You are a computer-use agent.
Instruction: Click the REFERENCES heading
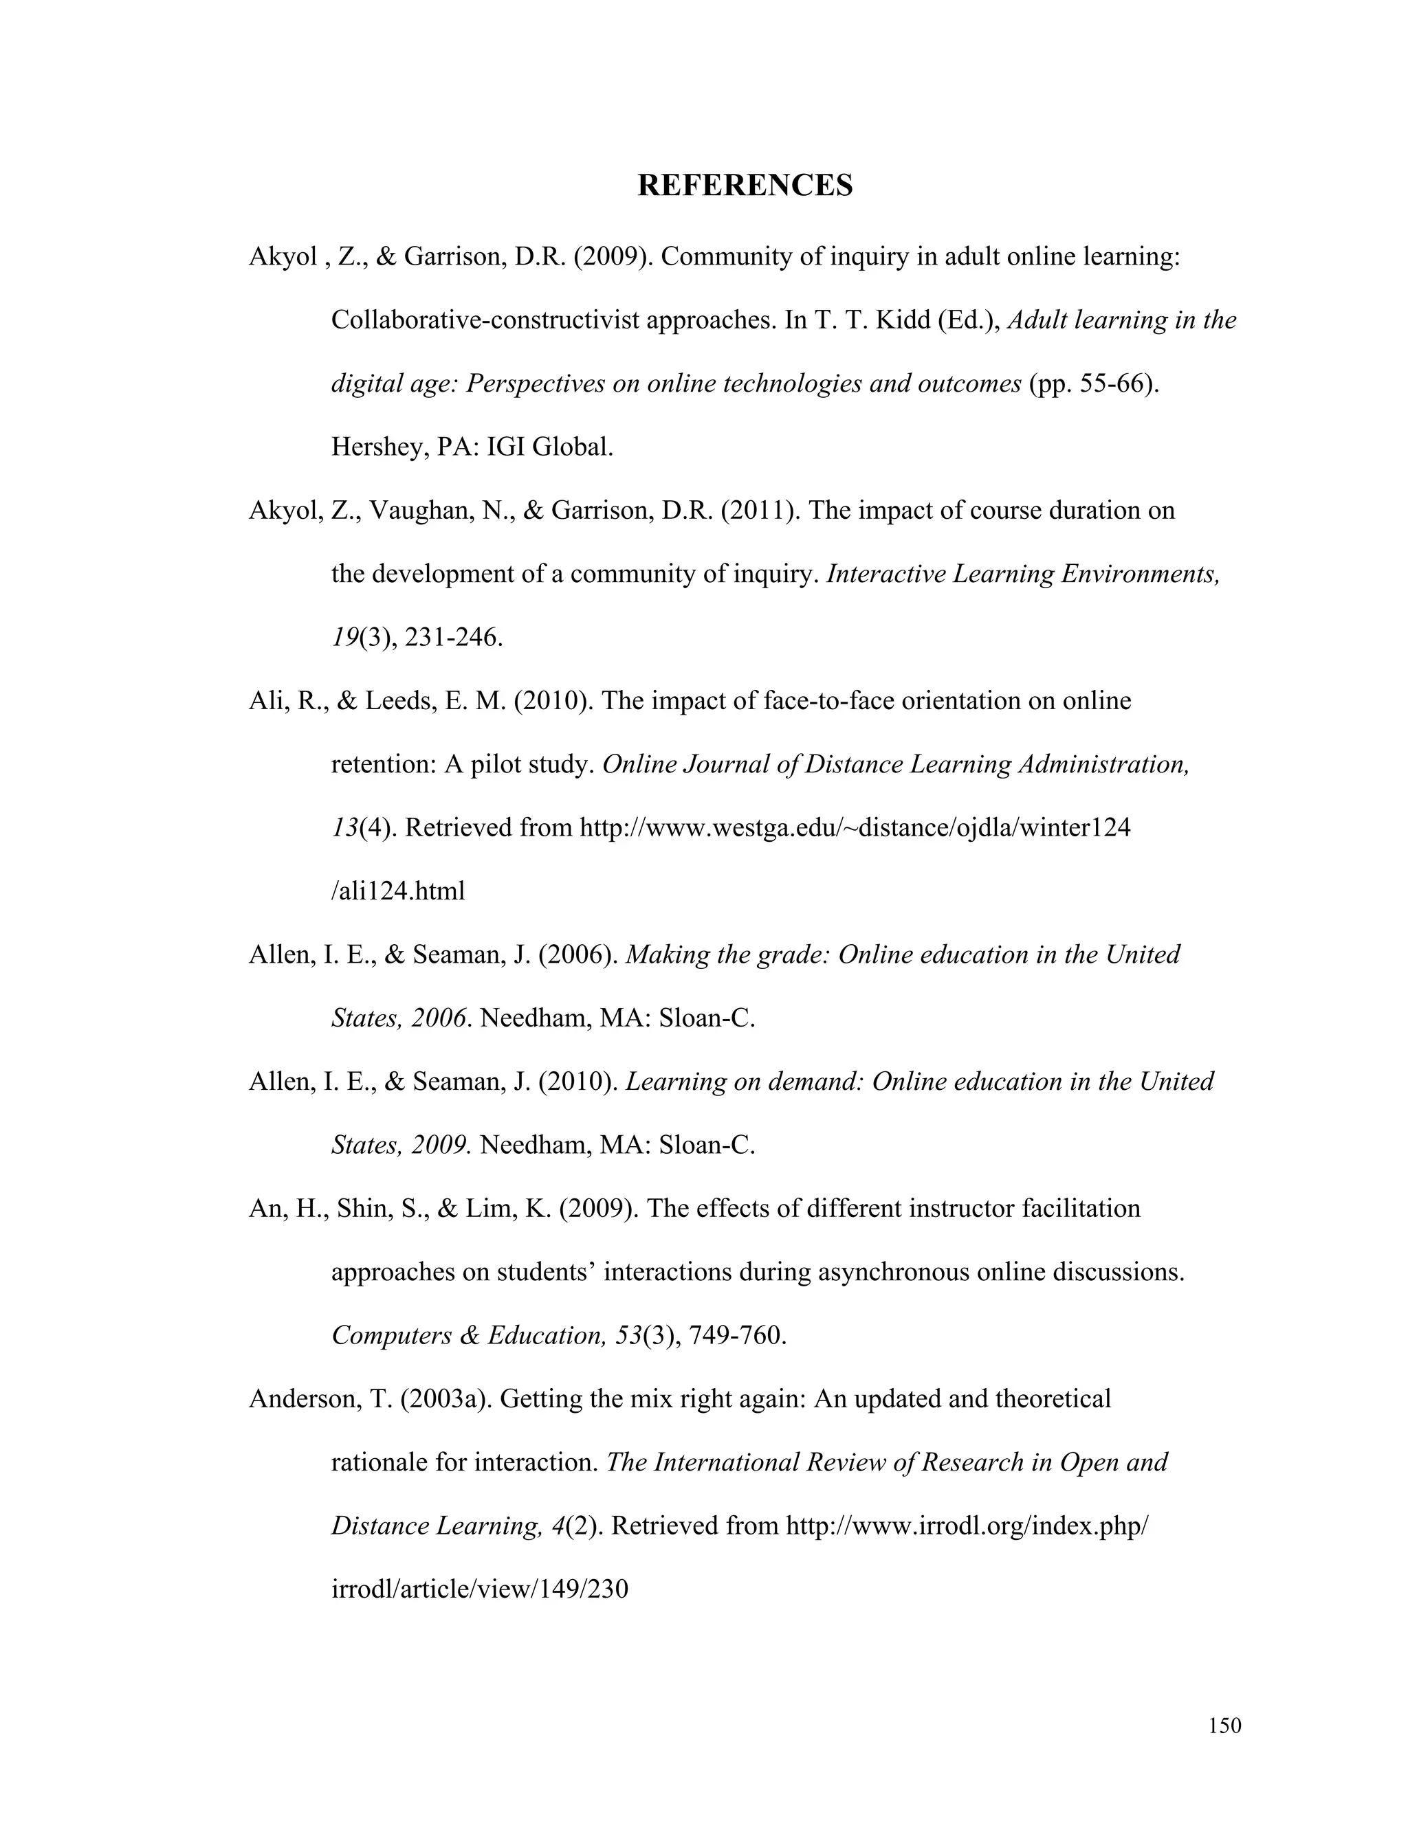tap(745, 185)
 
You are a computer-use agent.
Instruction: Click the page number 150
tap(1224, 1725)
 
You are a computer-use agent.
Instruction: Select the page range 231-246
tap(453, 638)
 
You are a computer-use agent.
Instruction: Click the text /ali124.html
tap(398, 891)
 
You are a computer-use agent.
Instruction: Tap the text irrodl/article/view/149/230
tap(480, 1590)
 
